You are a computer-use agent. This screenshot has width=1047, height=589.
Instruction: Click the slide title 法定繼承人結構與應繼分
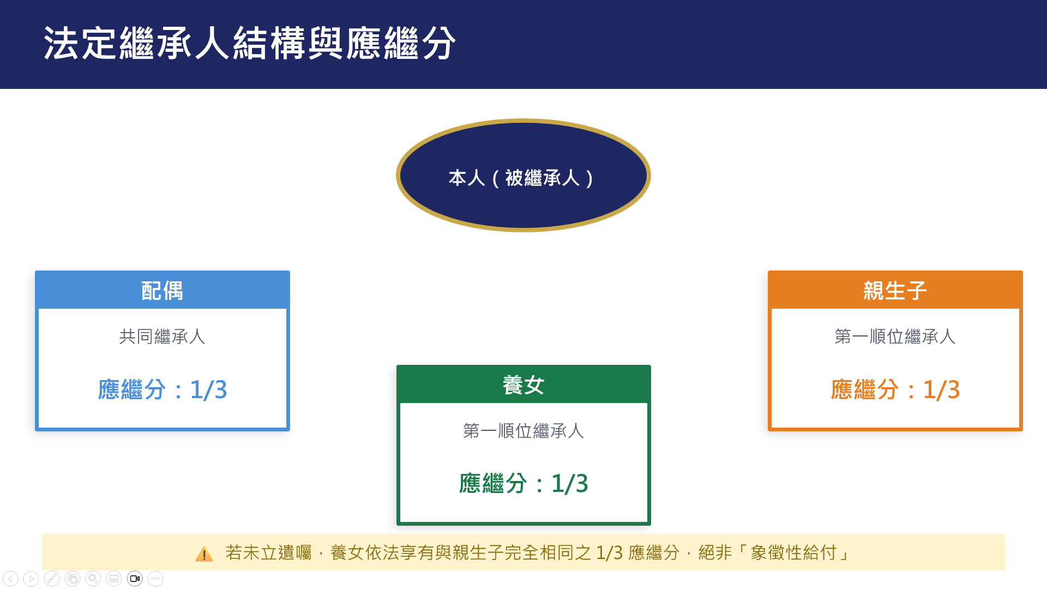coord(249,43)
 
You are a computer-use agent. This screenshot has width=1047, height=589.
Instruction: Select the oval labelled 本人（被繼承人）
coord(523,176)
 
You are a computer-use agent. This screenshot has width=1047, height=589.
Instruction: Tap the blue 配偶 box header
coord(163,291)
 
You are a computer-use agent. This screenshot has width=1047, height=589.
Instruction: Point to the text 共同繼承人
coord(163,336)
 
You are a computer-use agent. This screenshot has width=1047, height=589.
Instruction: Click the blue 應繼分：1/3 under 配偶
coord(163,389)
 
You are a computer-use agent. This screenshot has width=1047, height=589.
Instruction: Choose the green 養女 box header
coord(523,385)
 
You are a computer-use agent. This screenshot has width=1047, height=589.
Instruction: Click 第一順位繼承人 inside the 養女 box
coord(523,431)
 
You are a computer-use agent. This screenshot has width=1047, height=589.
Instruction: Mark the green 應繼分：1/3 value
coord(523,483)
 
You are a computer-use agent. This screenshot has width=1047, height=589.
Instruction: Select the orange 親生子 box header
coord(895,291)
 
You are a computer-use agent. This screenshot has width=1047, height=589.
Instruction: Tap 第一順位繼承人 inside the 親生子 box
coord(895,336)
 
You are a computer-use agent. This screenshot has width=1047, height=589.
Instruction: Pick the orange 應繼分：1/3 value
coord(895,389)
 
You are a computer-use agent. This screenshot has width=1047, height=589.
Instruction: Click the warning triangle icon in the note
coord(204,554)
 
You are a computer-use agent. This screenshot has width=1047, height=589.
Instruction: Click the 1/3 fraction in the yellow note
coord(609,553)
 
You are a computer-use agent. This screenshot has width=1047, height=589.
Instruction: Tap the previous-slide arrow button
coord(10,579)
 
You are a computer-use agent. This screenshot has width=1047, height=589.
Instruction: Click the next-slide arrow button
coord(31,579)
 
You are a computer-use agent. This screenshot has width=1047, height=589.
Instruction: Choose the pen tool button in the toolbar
coord(52,579)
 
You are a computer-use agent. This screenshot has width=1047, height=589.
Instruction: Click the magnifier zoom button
coord(93,579)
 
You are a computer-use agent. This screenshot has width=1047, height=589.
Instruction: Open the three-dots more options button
coord(155,579)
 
